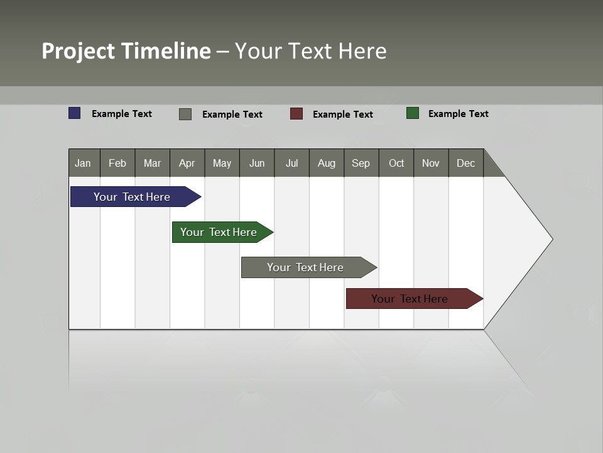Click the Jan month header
84,163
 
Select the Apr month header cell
187,163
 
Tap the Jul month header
291,163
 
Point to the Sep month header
361,163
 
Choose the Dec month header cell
465,163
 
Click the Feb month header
117,163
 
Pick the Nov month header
431,163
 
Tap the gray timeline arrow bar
306,267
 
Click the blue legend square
75,113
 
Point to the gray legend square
185,114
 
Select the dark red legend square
296,114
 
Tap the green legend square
413,113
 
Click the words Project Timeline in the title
126,51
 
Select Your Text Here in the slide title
311,51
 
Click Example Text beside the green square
458,114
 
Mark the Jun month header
257,163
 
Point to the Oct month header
396,163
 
